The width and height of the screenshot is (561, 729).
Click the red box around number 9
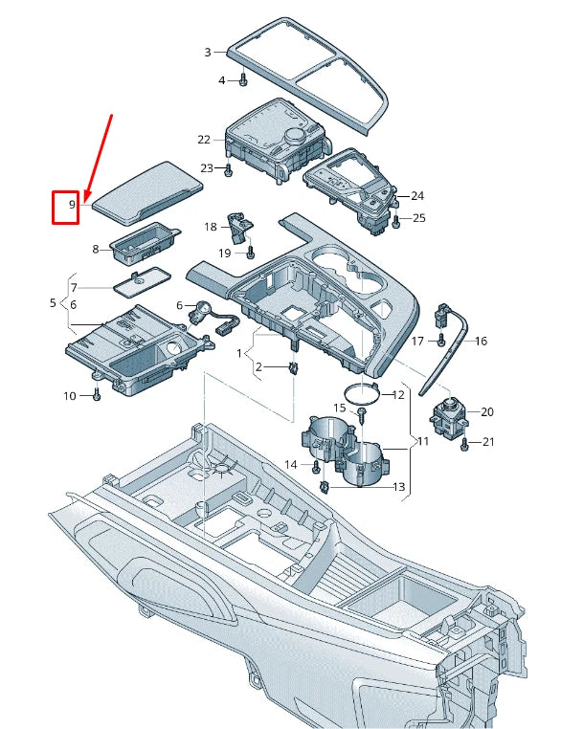(65, 207)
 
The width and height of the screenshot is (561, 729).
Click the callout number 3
(208, 52)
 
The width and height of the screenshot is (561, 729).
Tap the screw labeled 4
(243, 79)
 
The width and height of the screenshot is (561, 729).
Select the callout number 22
(204, 140)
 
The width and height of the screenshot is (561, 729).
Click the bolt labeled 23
(229, 170)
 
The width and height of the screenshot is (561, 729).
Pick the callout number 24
(416, 196)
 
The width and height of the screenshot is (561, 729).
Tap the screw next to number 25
(396, 220)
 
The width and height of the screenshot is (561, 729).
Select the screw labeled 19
(250, 253)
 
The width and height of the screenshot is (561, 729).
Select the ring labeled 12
(360, 392)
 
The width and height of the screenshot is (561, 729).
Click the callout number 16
(482, 341)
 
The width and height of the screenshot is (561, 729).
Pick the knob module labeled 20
(445, 415)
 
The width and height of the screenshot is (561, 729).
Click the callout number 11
(422, 441)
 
